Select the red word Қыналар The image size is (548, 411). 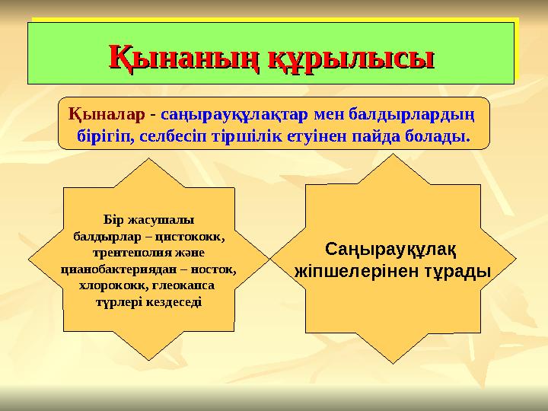108,116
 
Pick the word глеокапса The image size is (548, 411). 182,286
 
